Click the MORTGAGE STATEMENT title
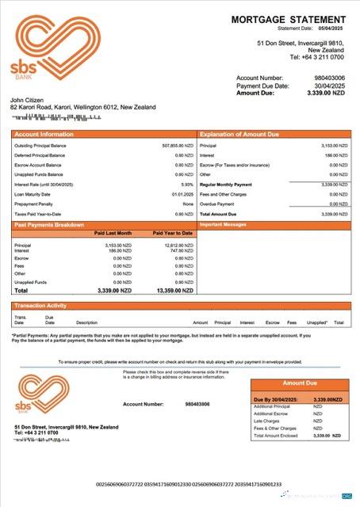click(x=289, y=18)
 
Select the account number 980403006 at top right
click(x=329, y=78)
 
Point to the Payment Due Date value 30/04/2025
click(x=329, y=85)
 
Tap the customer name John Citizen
click(x=26, y=100)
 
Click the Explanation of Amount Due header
click(x=239, y=135)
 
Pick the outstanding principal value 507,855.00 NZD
click(x=177, y=146)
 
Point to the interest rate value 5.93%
click(x=187, y=184)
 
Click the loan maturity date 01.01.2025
click(x=182, y=194)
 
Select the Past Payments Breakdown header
click(x=49, y=225)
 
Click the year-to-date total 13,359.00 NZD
click(x=174, y=291)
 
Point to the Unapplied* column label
click(x=316, y=322)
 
